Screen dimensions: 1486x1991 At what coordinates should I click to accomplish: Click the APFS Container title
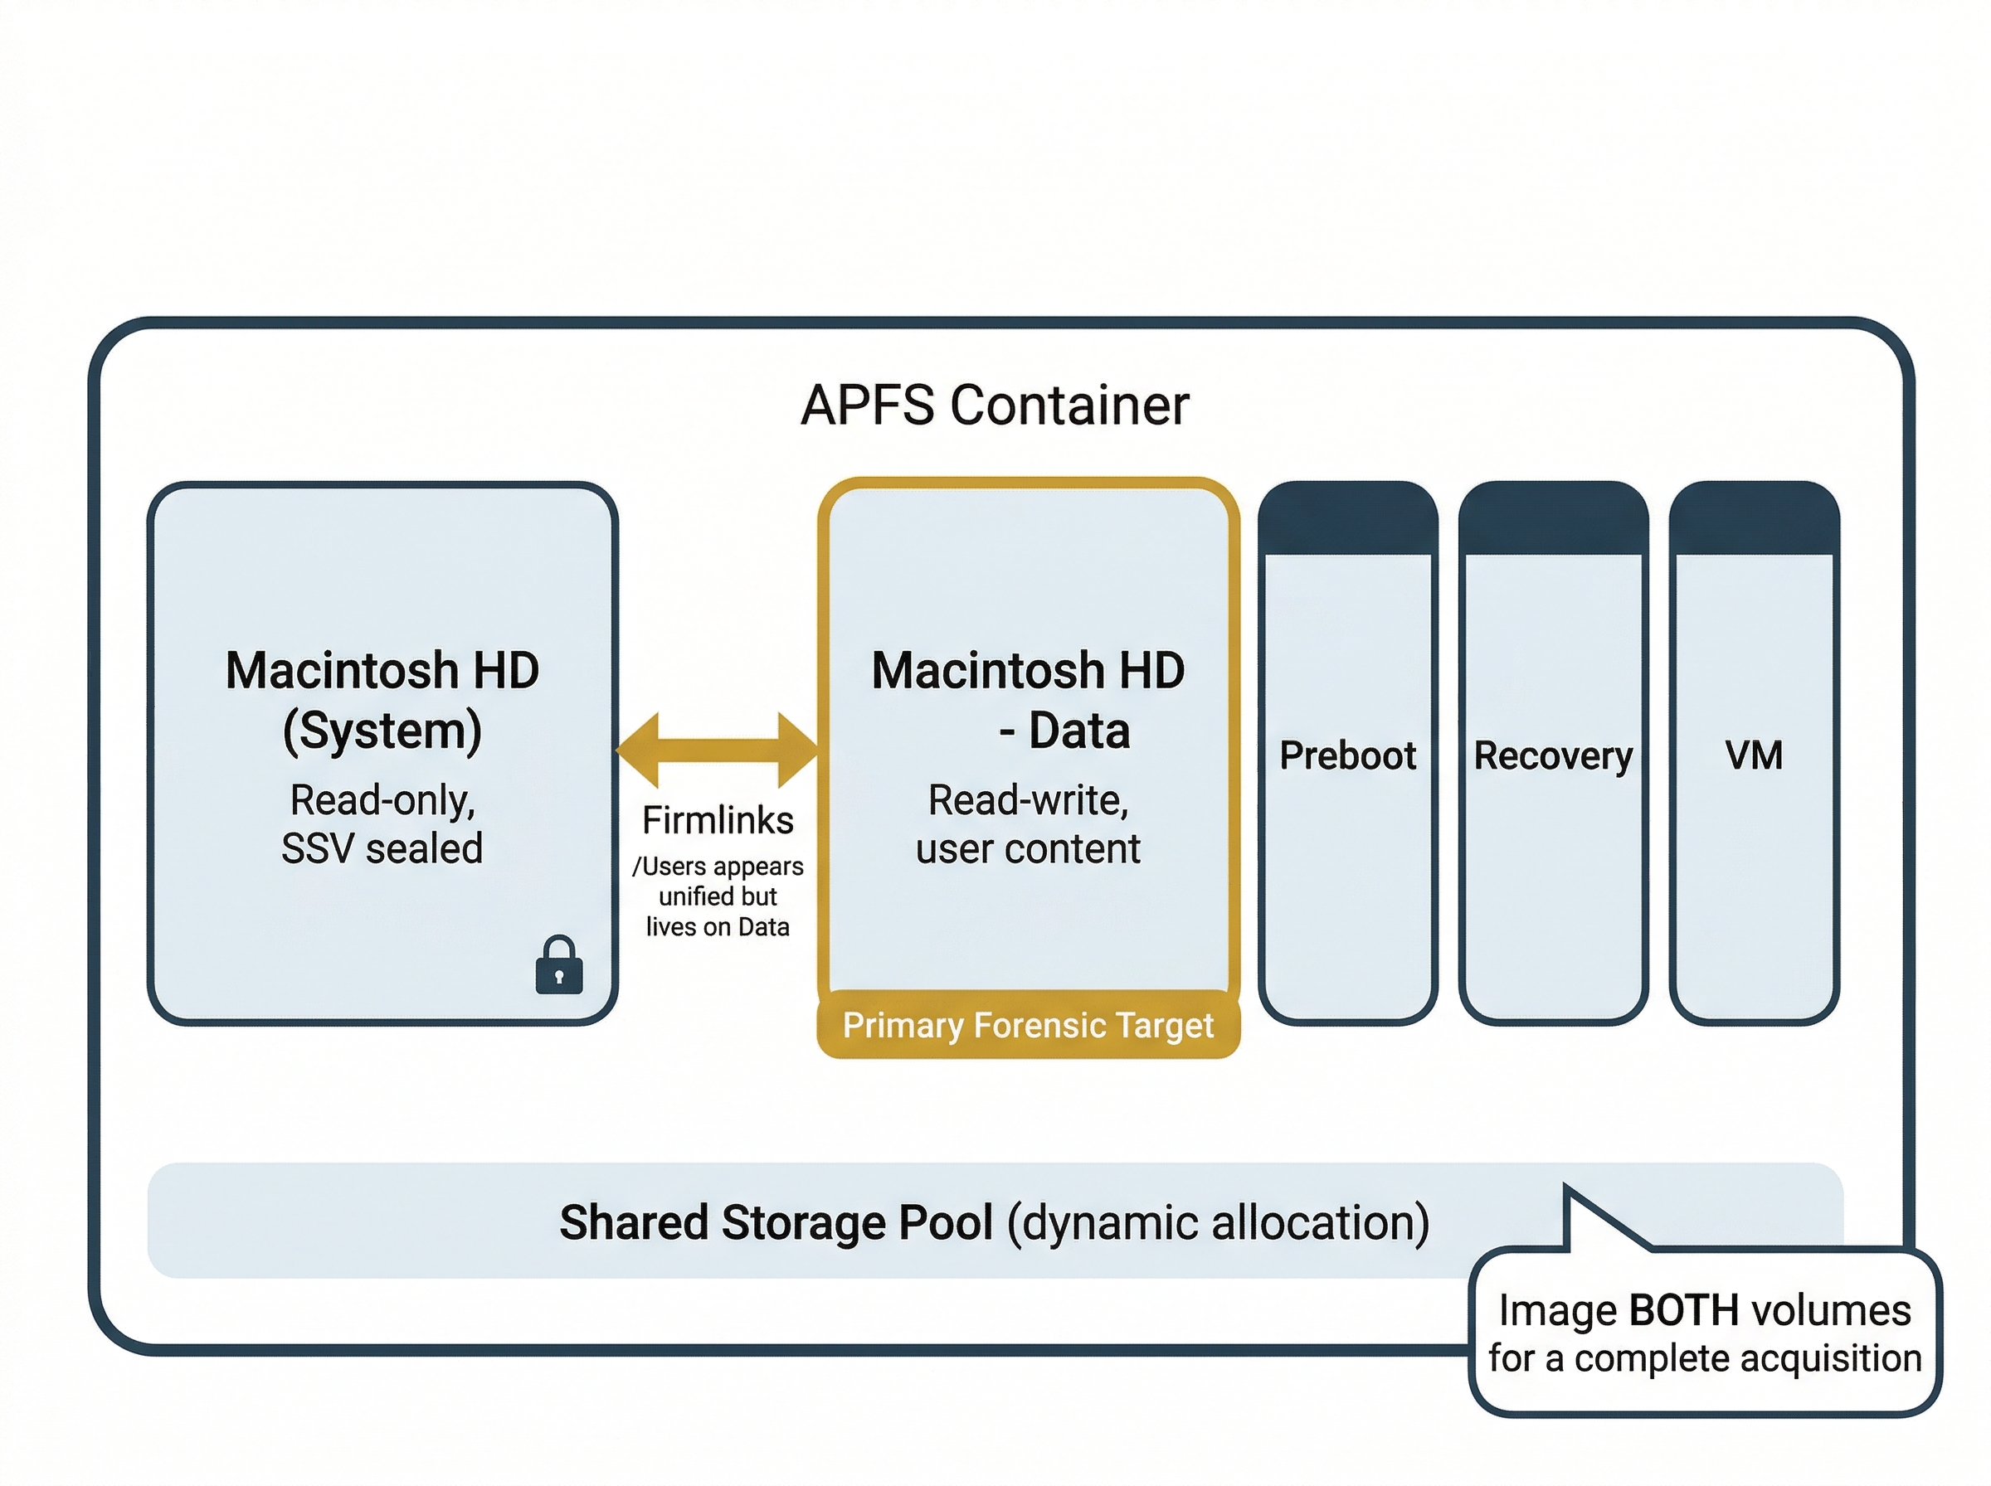point(994,405)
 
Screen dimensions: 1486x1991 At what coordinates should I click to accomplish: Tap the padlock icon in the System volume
point(558,965)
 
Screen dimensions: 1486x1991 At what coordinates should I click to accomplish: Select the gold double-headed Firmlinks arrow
point(717,750)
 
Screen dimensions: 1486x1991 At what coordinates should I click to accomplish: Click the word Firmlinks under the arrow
point(717,820)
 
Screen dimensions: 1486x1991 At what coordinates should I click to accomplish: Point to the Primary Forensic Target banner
point(1027,1025)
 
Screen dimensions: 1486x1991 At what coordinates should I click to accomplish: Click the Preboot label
point(1346,755)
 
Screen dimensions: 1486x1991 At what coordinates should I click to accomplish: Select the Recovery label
point(1552,755)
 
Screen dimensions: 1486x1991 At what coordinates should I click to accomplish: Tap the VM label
point(1753,755)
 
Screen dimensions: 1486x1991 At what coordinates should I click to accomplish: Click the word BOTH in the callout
point(1683,1310)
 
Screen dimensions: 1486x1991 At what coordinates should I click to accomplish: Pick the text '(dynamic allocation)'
point(1217,1222)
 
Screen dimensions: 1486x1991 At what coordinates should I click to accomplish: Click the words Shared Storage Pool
point(776,1222)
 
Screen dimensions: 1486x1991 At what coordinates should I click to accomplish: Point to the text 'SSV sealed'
point(382,848)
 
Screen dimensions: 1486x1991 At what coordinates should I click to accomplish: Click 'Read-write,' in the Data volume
point(1027,799)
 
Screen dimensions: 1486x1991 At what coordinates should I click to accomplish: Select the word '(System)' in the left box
point(382,731)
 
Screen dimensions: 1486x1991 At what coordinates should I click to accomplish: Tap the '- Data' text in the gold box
point(1064,731)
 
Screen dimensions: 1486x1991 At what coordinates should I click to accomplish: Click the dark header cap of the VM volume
point(1753,517)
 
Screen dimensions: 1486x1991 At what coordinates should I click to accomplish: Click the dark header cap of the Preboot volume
point(1346,517)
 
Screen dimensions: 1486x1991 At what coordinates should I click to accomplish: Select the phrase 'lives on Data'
point(717,926)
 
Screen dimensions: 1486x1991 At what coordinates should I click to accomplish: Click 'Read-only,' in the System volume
point(382,799)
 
